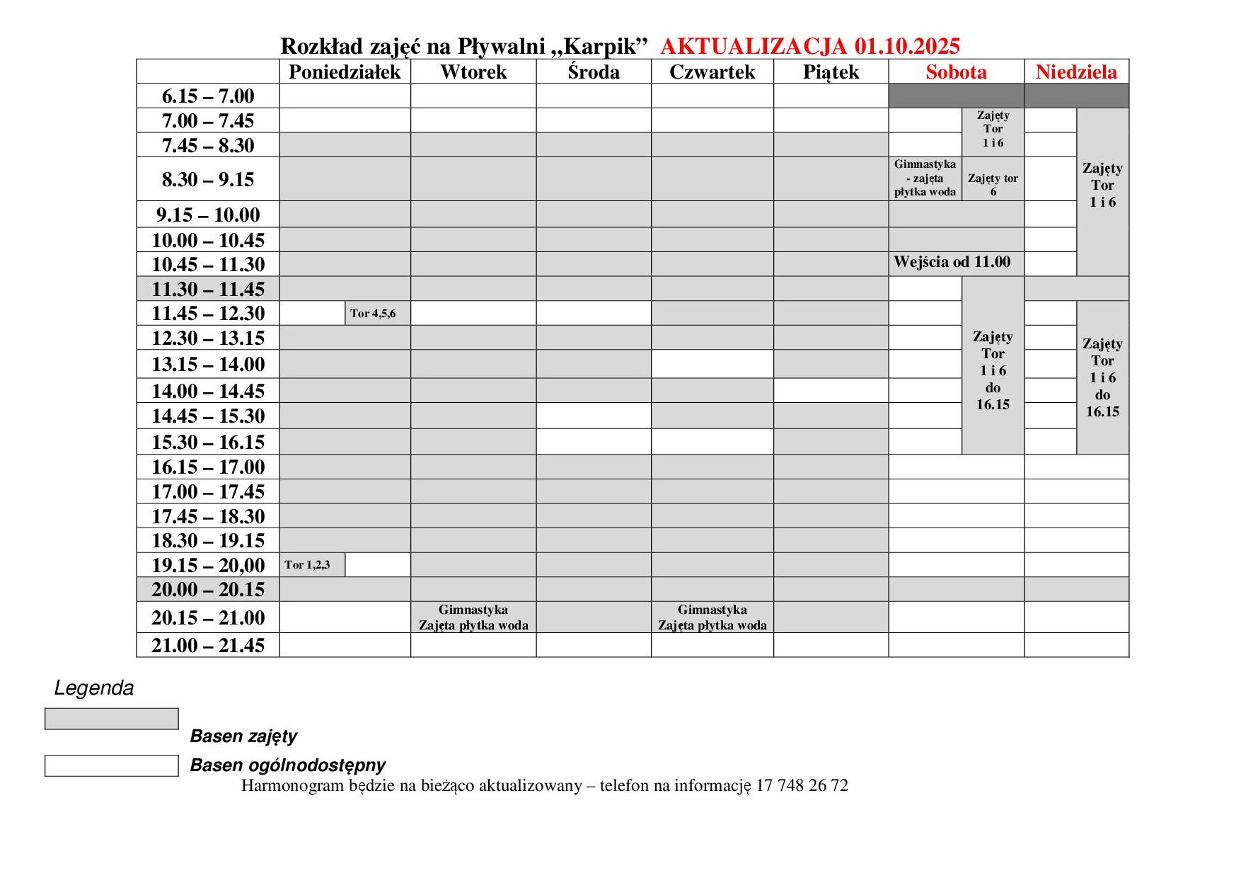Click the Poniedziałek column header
click(x=345, y=72)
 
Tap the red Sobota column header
click(x=956, y=72)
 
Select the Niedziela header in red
click(x=1076, y=72)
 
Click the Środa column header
click(x=593, y=72)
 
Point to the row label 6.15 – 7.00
click(x=208, y=96)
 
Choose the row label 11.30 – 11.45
click(x=208, y=289)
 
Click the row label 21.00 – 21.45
click(x=208, y=645)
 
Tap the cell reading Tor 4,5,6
click(x=373, y=314)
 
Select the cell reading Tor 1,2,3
click(x=307, y=565)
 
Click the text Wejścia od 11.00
click(x=952, y=262)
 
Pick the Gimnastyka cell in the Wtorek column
click(x=473, y=617)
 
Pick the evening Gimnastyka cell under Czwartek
click(x=712, y=617)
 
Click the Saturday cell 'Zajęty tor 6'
click(x=993, y=185)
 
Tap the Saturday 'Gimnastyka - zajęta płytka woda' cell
click(x=925, y=178)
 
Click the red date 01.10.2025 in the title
click(x=907, y=47)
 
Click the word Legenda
click(x=94, y=688)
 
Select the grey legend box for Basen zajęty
click(x=112, y=719)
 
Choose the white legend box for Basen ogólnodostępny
click(x=112, y=765)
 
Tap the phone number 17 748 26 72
click(x=802, y=785)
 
